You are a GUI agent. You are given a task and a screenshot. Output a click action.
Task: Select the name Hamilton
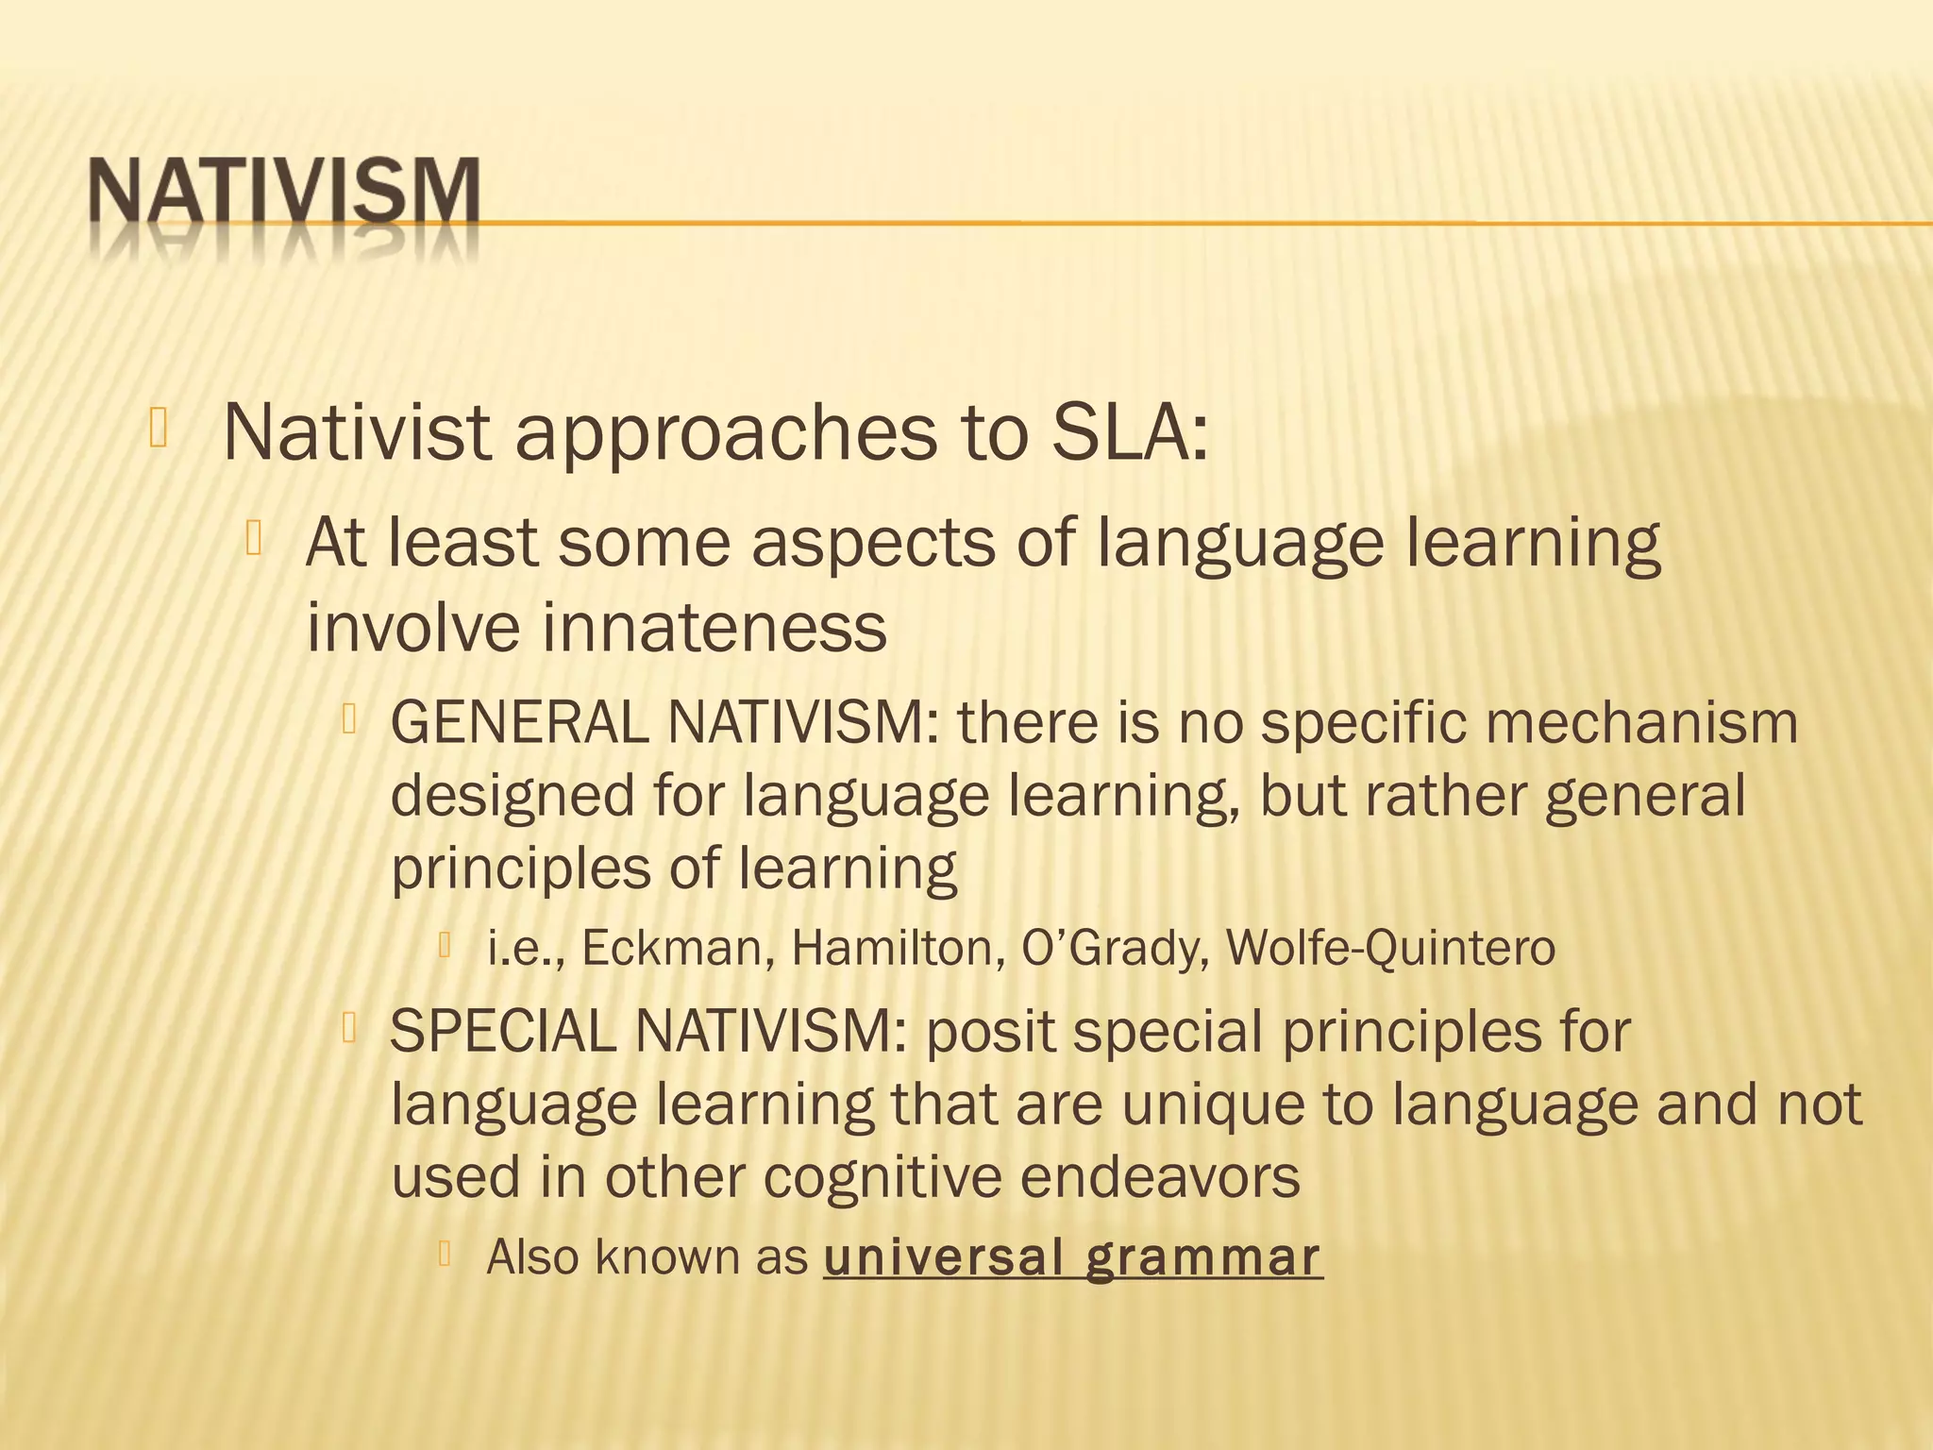(x=898, y=948)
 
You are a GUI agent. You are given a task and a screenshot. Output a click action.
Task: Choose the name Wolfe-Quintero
(x=1390, y=948)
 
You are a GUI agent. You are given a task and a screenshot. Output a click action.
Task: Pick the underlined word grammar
(x=1202, y=1256)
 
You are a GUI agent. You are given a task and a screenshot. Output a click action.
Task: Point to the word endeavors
(x=1160, y=1176)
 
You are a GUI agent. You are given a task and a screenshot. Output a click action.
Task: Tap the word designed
(x=513, y=796)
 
